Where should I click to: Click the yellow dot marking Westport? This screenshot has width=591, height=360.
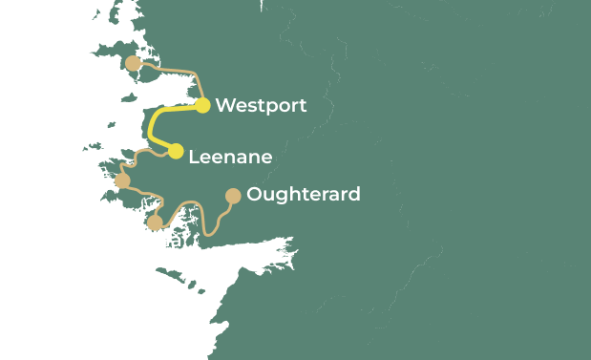click(202, 105)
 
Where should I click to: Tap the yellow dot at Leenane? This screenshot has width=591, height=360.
click(176, 151)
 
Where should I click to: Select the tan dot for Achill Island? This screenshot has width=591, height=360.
click(133, 63)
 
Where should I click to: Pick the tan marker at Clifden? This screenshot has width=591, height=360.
click(122, 180)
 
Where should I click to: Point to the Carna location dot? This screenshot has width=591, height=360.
click(155, 222)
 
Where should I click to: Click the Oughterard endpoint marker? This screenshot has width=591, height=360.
click(232, 196)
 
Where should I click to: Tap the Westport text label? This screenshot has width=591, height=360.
click(261, 105)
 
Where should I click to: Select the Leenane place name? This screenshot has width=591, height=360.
click(230, 157)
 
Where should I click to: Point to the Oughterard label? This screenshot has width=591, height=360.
click(303, 195)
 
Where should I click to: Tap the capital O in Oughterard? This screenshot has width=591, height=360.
click(254, 195)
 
